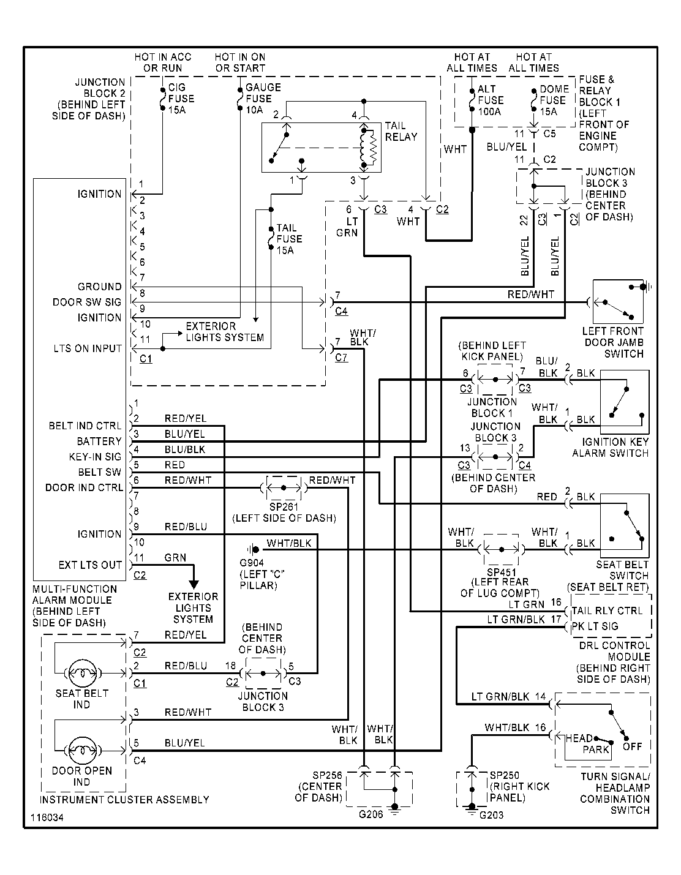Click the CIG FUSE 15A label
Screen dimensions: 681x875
tap(181, 99)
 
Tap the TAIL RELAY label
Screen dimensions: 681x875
tap(401, 132)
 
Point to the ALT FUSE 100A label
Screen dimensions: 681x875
tap(491, 100)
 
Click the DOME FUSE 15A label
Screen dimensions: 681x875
tap(554, 100)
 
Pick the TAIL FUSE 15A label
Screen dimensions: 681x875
tap(289, 239)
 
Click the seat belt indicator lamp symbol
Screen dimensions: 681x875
tap(83, 673)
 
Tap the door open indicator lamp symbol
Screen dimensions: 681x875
tap(83, 751)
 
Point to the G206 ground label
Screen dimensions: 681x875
tap(371, 814)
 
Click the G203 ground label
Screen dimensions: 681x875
tap(491, 815)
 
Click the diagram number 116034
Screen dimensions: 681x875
tap(47, 817)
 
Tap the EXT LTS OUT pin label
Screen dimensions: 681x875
tap(90, 565)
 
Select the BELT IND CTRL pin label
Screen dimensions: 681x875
tap(85, 426)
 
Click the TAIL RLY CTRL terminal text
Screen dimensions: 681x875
tap(608, 611)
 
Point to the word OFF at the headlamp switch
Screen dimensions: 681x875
tap(632, 746)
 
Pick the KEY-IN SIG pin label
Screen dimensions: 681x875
tap(95, 457)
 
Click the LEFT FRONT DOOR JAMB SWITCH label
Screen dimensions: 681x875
tap(613, 343)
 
